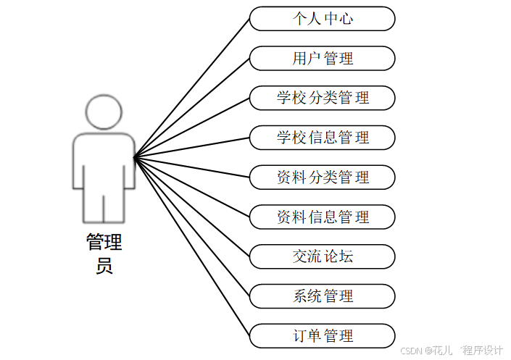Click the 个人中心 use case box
click(x=323, y=19)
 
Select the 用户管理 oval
click(x=323, y=59)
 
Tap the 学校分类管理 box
click(x=323, y=98)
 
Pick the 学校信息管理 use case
click(x=323, y=138)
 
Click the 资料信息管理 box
click(x=323, y=217)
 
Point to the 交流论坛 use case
click(x=323, y=256)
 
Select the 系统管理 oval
click(x=323, y=296)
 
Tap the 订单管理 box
click(x=323, y=336)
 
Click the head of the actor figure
click(x=104, y=112)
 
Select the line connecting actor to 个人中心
click(x=192, y=87)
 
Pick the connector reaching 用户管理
click(x=192, y=107)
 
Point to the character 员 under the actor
click(x=104, y=266)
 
